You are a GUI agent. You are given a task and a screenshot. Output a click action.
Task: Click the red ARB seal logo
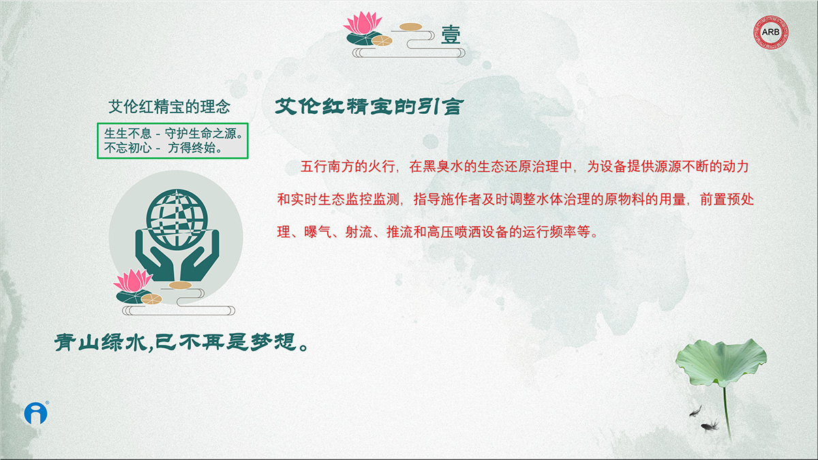click(771, 32)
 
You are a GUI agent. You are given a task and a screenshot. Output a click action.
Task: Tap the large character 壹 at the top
click(451, 35)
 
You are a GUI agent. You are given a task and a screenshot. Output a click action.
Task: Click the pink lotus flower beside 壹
click(363, 22)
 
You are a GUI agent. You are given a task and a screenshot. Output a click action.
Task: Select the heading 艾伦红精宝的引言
click(369, 106)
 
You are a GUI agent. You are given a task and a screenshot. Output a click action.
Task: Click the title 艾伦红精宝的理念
click(170, 106)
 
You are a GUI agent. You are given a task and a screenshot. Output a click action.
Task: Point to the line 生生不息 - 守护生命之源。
click(174, 134)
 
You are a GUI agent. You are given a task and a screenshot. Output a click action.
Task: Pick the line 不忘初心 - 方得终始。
click(163, 148)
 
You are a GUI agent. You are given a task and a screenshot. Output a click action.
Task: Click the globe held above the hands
click(177, 219)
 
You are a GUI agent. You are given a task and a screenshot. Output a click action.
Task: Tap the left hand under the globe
click(155, 256)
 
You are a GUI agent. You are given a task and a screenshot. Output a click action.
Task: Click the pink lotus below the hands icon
click(133, 280)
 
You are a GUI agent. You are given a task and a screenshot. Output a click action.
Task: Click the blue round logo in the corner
click(36, 413)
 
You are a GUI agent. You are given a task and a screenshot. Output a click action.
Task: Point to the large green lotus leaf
click(721, 362)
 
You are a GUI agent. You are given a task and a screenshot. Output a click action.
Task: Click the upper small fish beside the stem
click(695, 411)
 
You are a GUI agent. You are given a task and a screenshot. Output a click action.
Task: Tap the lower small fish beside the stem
click(710, 426)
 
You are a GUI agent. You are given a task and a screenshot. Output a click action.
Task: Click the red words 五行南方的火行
click(348, 166)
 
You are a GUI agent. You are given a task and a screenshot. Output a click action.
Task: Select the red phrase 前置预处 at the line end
click(727, 199)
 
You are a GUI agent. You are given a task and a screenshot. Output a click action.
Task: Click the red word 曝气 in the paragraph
click(318, 232)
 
